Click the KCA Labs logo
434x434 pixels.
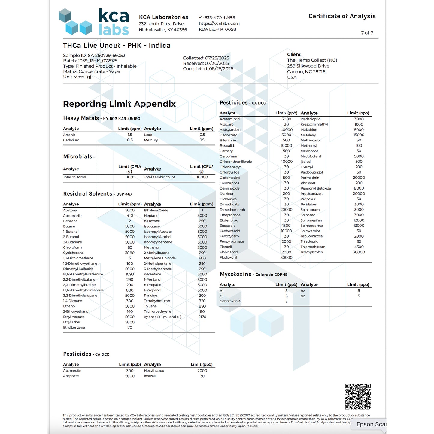(94, 22)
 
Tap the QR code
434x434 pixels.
(357, 396)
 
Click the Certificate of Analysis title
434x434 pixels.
(342, 16)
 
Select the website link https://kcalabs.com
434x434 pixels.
(219, 23)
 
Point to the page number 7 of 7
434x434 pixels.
(367, 33)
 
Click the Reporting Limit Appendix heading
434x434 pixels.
(119, 104)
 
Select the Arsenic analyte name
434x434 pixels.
(69, 135)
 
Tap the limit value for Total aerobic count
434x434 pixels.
(202, 177)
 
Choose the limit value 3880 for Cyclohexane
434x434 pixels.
(130, 253)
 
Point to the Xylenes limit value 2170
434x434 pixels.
(202, 317)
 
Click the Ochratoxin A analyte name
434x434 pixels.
(230, 301)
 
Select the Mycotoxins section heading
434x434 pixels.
(235, 274)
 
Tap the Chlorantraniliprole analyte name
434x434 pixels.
(236, 162)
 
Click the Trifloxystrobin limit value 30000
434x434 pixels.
(359, 252)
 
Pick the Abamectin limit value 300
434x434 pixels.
(130, 371)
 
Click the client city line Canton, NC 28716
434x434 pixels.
(306, 72)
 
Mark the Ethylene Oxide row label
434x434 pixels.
(156, 210)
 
